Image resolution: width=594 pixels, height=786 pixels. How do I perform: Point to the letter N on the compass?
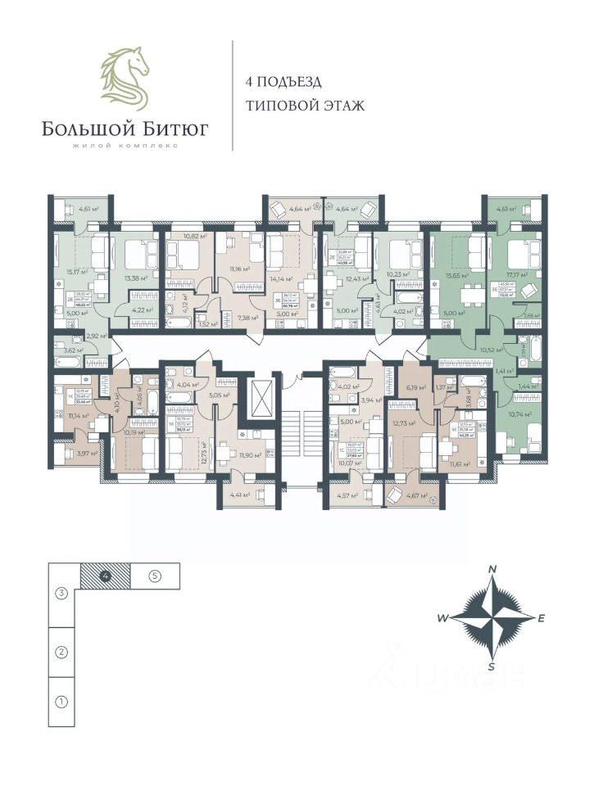[492, 569]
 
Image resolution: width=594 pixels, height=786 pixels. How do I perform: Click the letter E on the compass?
[542, 619]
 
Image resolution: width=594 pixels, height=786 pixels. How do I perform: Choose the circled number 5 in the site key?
[155, 576]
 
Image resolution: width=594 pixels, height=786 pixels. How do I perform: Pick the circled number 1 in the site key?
[61, 702]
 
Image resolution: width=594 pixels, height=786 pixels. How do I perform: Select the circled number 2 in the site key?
[61, 653]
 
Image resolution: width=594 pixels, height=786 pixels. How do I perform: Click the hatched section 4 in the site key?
[105, 576]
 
